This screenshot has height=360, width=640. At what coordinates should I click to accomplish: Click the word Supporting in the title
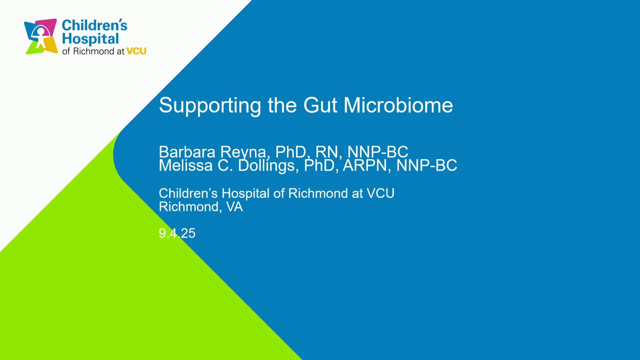click(210, 106)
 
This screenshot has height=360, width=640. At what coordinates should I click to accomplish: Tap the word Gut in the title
click(320, 105)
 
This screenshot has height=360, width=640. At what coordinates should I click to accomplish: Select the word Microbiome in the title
click(398, 105)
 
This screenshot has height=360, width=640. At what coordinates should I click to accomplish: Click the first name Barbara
click(187, 152)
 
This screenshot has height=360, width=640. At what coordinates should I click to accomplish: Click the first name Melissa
click(186, 166)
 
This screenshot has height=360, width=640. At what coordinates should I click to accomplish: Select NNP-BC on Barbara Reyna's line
click(378, 152)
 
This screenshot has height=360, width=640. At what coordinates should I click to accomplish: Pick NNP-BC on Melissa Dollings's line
click(427, 166)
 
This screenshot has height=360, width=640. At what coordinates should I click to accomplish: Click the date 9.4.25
click(177, 233)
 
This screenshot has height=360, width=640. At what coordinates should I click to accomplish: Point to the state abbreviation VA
click(234, 207)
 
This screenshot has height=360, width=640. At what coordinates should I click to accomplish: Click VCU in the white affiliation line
click(380, 193)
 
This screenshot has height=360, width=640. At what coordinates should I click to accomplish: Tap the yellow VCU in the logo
click(136, 51)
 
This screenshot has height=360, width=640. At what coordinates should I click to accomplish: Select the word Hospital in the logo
click(90, 39)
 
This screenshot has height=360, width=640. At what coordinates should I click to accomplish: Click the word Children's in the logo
click(95, 25)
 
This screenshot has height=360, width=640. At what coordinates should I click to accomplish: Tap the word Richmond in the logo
click(94, 51)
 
